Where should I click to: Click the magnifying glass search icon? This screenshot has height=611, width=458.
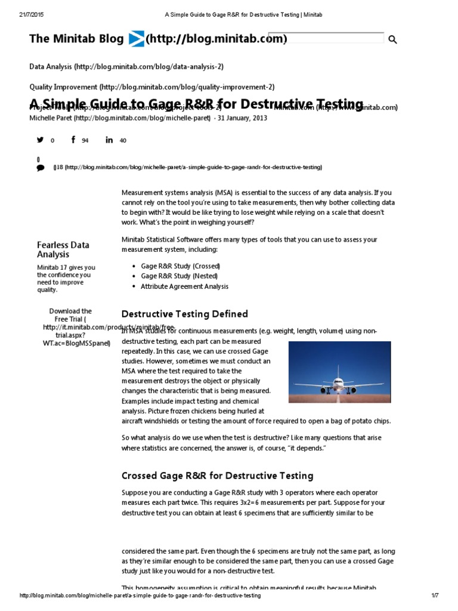(392, 40)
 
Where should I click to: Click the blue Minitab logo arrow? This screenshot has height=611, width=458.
(135, 39)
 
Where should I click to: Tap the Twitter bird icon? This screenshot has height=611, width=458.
(41, 140)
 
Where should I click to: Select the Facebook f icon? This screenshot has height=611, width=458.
(73, 140)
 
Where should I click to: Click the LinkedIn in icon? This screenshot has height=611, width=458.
(109, 140)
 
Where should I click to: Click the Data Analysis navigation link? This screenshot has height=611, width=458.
(126, 67)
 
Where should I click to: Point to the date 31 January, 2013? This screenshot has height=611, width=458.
(242, 118)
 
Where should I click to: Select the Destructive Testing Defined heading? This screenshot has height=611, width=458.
(184, 314)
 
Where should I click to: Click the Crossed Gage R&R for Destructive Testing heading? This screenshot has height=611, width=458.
(217, 476)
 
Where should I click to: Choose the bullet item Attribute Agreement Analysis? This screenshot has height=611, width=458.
(184, 286)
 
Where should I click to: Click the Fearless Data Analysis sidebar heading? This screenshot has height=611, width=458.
(63, 249)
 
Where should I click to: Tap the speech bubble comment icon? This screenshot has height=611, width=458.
(41, 168)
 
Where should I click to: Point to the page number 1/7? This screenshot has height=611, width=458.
(435, 596)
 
